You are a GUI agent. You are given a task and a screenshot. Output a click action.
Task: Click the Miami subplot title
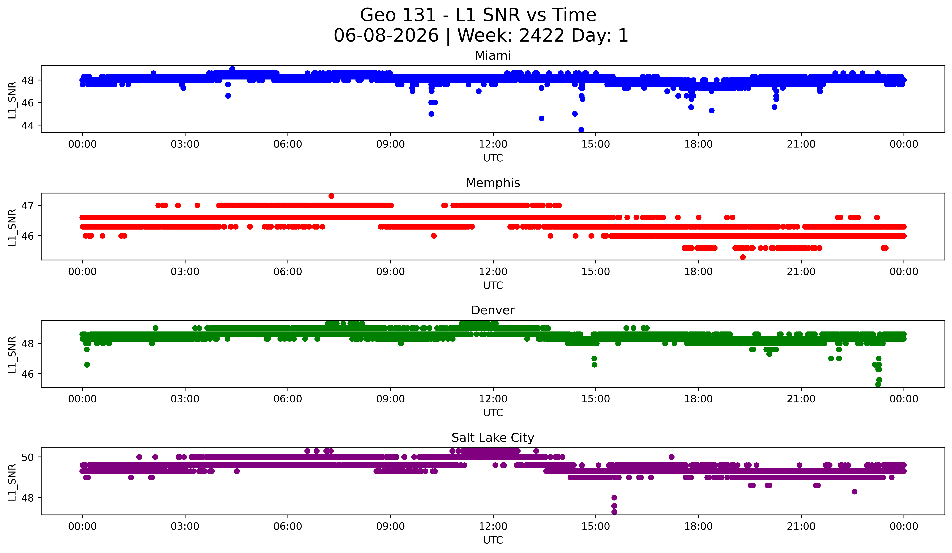[x=493, y=56]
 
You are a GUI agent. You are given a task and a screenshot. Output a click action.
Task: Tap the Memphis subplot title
[x=493, y=183]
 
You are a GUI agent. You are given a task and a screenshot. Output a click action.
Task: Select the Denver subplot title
[x=493, y=310]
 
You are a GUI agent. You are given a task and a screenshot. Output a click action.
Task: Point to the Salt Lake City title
[x=493, y=438]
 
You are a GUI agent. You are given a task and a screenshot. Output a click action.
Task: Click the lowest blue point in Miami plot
[x=581, y=130]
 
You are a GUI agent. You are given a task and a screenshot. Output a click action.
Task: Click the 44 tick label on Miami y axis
[x=28, y=125]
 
